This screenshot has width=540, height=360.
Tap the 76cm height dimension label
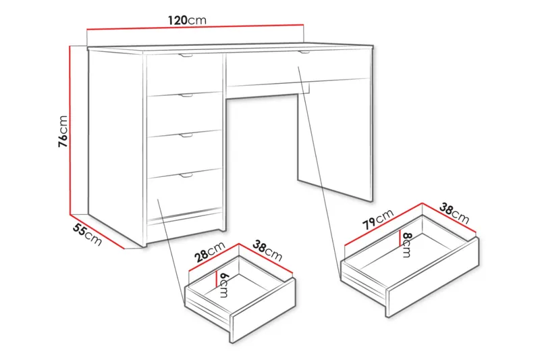pos(63,130)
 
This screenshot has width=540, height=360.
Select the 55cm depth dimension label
pos(87,234)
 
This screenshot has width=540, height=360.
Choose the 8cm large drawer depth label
pos(406,245)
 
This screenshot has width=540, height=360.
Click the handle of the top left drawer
pos(186,55)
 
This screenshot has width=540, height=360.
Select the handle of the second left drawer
pos(186,96)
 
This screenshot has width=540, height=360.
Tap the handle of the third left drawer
pos(186,135)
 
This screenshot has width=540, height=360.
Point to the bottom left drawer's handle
pos(186,175)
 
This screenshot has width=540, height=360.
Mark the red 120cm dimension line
pos(196,30)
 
